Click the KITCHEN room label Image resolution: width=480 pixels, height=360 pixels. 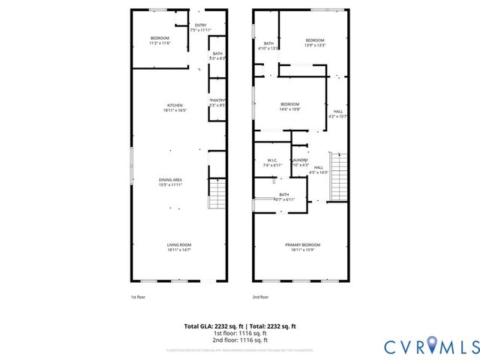[175, 105]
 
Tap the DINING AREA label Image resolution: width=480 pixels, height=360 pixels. [170, 180]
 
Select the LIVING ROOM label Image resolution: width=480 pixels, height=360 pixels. [178, 244]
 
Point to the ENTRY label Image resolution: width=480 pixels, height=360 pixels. [200, 25]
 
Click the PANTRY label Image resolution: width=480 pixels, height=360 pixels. [217, 100]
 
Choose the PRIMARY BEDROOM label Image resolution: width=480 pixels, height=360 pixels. [302, 245]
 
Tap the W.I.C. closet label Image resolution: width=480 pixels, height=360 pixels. [273, 160]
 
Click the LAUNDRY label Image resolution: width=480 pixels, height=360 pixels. [300, 160]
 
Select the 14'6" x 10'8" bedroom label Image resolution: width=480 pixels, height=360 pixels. [289, 104]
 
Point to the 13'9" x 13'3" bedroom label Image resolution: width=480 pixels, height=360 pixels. [314, 40]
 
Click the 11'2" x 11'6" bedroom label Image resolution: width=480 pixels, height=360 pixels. [160, 38]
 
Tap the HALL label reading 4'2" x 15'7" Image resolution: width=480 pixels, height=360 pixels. [338, 112]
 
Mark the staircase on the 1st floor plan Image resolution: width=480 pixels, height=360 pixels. [217, 195]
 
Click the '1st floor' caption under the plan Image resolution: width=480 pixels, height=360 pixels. [139, 298]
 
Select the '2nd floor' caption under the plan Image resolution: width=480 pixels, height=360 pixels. [260, 298]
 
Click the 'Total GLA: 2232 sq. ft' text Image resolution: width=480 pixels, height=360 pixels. [211, 326]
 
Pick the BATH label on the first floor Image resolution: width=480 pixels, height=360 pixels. [217, 53]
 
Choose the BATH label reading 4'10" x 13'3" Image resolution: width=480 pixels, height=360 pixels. [268, 43]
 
